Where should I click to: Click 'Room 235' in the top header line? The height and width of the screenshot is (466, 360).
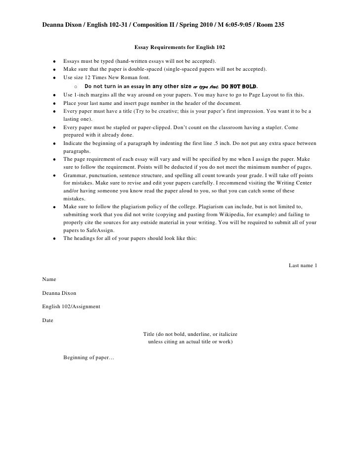tap(270, 24)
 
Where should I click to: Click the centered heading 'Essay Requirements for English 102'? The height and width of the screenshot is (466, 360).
tap(180, 48)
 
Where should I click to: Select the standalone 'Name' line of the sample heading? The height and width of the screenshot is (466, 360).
tap(49, 280)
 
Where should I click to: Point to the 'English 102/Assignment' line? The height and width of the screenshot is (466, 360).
tap(71, 307)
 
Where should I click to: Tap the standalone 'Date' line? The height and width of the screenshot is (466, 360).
tap(48, 321)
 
